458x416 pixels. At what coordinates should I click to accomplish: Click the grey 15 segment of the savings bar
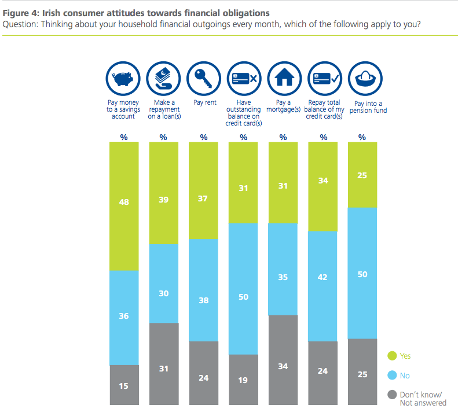coord(124,385)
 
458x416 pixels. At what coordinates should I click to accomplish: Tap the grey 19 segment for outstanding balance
coord(243,380)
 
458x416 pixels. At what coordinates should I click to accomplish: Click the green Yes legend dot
coord(391,356)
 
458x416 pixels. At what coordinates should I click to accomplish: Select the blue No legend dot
coord(391,375)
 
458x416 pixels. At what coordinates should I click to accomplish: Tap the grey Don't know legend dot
coord(391,395)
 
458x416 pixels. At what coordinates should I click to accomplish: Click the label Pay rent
coord(203,104)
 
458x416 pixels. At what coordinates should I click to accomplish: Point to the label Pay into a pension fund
coord(364,107)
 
